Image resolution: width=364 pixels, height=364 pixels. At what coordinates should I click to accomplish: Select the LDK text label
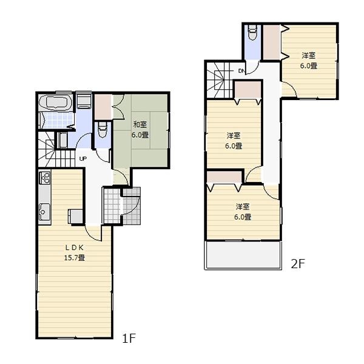pos(74,248)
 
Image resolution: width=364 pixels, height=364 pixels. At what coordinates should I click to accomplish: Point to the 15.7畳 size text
pos(75,257)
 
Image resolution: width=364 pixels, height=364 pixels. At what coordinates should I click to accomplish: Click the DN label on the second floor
pos(241,71)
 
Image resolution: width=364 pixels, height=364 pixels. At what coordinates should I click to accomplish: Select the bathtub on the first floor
pos(55,102)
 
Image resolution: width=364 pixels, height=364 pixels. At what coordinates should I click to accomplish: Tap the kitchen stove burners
pos(44,178)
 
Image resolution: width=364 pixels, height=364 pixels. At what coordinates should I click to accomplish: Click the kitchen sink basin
pos(44,212)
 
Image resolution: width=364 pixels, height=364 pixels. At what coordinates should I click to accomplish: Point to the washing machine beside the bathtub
pos(83,101)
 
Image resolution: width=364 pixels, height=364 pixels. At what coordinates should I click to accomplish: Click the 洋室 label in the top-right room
pos(309,56)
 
